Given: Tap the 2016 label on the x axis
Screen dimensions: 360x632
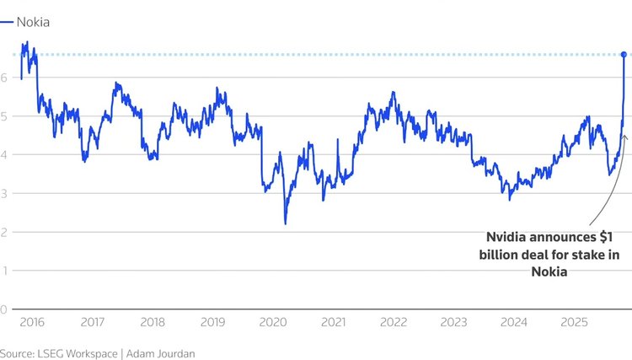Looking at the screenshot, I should [32, 322].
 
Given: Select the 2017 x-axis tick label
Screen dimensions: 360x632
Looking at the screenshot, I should [93, 322].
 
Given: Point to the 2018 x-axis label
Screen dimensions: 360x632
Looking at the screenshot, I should [153, 322].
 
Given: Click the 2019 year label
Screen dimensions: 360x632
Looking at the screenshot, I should [213, 322].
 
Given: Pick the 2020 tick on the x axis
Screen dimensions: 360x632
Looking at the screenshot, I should [273, 322].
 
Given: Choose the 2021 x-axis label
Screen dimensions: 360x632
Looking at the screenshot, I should [334, 322].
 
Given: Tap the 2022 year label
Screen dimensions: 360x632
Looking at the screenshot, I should [394, 322].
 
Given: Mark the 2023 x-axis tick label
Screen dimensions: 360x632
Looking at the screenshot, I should [454, 322].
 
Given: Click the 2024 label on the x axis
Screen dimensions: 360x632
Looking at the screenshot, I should [514, 322].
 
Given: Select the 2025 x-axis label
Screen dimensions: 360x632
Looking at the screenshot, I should [575, 322].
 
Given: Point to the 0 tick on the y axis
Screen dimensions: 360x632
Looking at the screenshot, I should [4, 309].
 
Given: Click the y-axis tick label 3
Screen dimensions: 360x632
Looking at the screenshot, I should [4, 193].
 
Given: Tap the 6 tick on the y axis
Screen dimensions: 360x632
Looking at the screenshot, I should [4, 78].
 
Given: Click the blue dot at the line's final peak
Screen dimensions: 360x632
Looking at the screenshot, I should [624, 55].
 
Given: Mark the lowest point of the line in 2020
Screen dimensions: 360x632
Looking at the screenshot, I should [285, 223].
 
